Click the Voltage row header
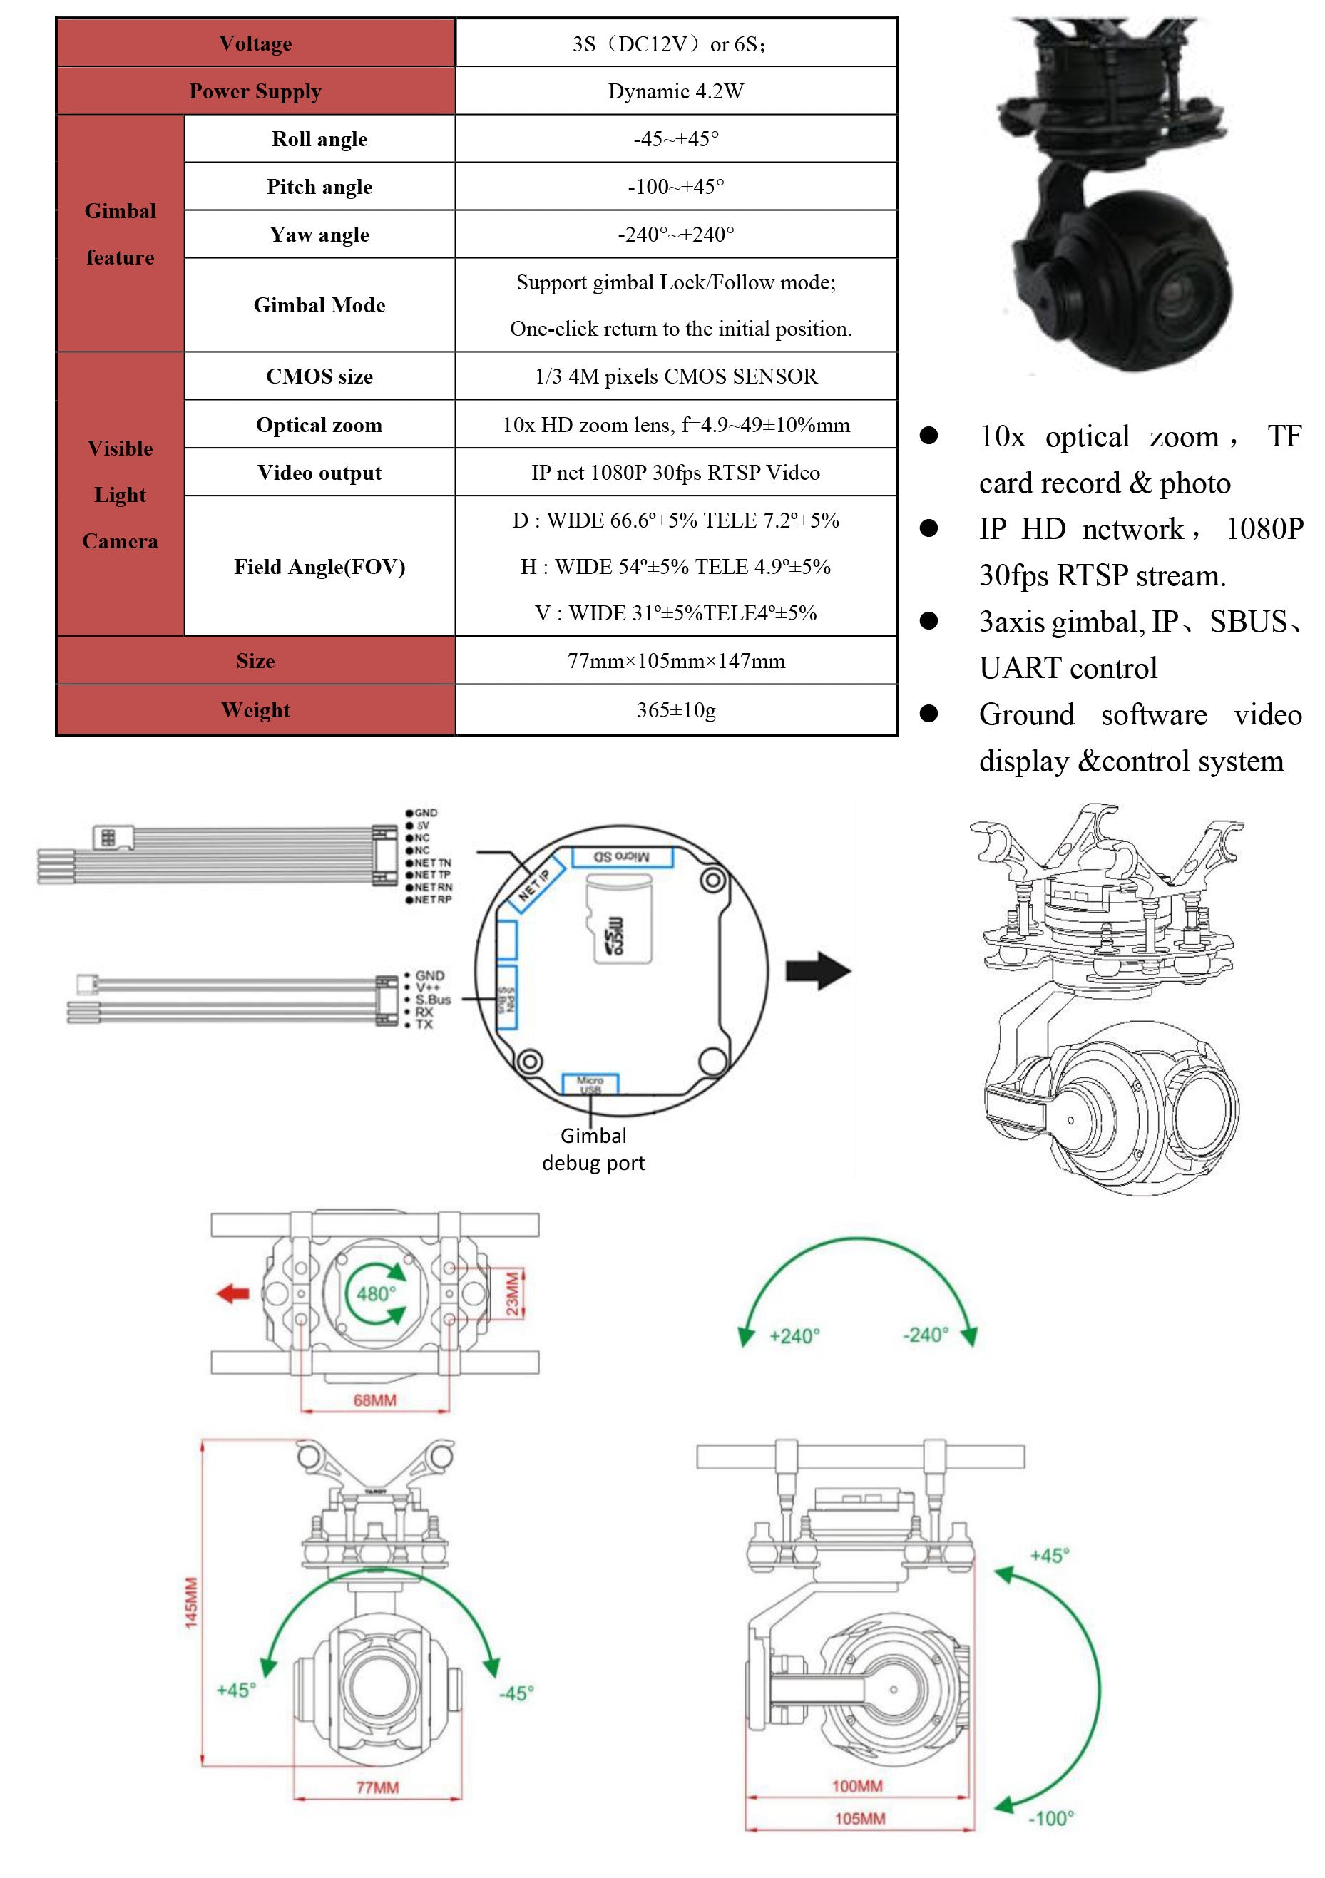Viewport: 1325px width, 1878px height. [x=255, y=43]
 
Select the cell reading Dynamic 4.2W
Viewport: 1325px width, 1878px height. [x=675, y=91]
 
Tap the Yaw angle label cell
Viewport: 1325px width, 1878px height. [x=319, y=235]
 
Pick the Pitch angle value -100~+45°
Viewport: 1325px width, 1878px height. [x=675, y=187]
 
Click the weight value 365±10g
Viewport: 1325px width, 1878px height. [x=675, y=710]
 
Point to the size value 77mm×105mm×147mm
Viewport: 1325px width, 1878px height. [x=675, y=661]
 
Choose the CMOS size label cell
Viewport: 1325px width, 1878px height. [x=319, y=376]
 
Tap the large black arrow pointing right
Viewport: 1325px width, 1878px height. [x=818, y=971]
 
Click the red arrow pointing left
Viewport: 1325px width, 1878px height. [x=233, y=1293]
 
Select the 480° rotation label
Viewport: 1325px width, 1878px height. [x=375, y=1293]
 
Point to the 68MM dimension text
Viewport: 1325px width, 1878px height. [x=374, y=1400]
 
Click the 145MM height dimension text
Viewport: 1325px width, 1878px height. [x=190, y=1604]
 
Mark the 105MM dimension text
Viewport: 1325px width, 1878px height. [x=859, y=1818]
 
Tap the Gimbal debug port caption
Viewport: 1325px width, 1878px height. [x=594, y=1149]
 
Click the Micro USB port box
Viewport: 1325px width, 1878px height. [x=590, y=1084]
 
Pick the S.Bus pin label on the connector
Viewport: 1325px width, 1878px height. [x=433, y=1000]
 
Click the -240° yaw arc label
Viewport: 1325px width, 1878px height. [x=925, y=1335]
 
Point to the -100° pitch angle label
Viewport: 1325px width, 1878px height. [x=1050, y=1818]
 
